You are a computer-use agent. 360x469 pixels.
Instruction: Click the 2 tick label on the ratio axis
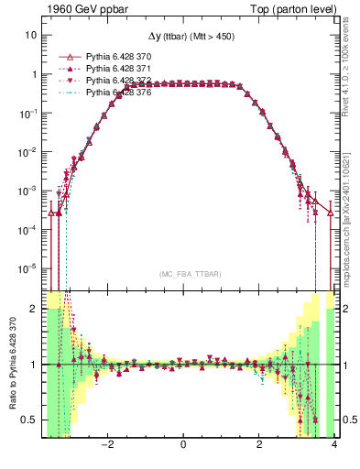pos(34,310)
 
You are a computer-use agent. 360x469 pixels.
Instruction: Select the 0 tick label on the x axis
pos(184,445)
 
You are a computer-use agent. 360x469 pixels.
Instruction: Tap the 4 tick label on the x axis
pos(335,445)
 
